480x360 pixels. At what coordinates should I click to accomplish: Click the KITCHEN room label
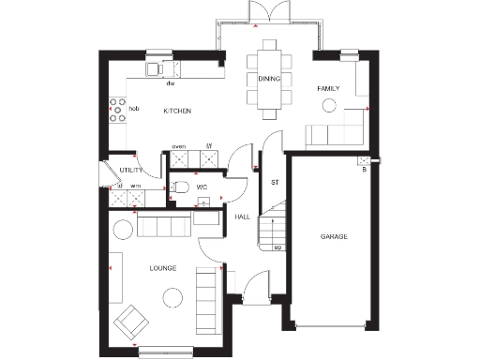pos(177,112)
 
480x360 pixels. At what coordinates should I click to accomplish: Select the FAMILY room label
pos(327,88)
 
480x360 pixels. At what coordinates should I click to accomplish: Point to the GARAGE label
pos(334,236)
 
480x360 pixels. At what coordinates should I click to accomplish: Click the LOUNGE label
pos(163,268)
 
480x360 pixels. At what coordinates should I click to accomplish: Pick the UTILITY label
pos(130,170)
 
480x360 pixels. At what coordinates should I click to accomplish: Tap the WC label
pos(202,187)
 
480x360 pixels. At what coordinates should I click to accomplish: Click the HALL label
pos(242,217)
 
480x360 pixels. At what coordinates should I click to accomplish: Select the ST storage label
pos(276,181)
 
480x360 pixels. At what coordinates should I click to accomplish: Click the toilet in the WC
pos(178,187)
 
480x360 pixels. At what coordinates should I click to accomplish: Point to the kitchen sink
pos(156,69)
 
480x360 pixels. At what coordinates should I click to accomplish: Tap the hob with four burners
pos(118,111)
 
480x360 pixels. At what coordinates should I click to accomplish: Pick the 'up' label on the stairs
pos(278,247)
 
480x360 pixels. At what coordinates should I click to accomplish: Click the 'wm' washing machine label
pos(135,187)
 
